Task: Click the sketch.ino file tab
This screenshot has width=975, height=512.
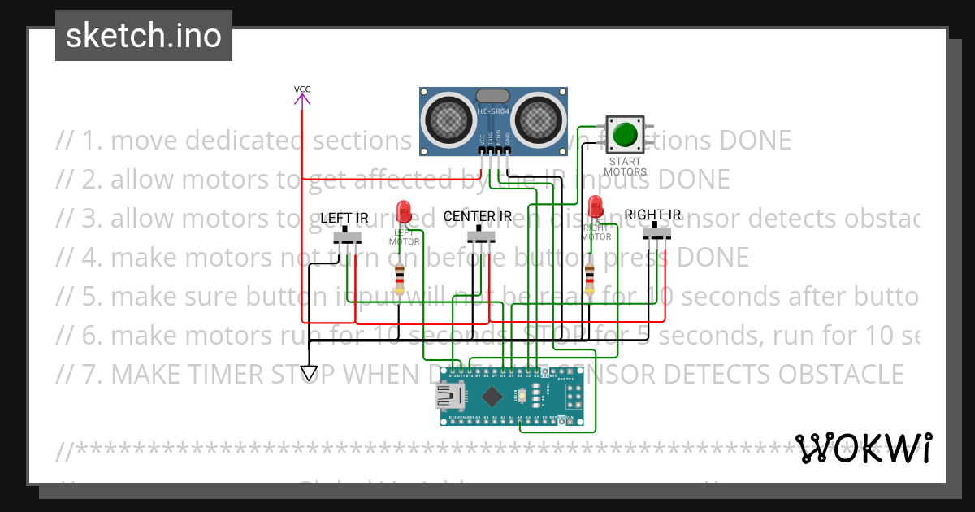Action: [x=143, y=36]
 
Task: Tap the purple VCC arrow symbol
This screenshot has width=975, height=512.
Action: [x=302, y=100]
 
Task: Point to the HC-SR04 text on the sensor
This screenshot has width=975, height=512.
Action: [x=493, y=111]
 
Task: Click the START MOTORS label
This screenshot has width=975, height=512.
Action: [x=626, y=167]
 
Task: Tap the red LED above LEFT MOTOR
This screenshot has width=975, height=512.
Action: [x=403, y=212]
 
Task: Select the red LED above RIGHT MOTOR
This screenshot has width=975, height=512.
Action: [x=596, y=206]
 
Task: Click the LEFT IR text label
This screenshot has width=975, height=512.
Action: [x=344, y=218]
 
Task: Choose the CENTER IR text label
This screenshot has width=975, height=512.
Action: [x=478, y=217]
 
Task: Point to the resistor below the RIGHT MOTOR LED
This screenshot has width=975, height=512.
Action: [x=590, y=279]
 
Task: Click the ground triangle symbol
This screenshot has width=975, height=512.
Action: [x=309, y=372]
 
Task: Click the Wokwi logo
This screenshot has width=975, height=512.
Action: [x=863, y=448]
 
